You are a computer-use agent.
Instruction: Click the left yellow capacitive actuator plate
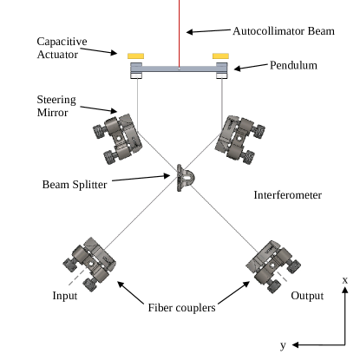click(135, 56)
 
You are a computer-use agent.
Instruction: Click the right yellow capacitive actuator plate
click(220, 56)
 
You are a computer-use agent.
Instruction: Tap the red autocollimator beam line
click(180, 34)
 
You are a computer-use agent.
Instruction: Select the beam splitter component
click(185, 178)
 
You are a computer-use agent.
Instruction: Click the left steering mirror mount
click(118, 139)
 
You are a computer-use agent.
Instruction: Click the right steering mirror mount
click(240, 140)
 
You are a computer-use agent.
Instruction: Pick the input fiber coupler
click(89, 264)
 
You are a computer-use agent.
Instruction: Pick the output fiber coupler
click(273, 266)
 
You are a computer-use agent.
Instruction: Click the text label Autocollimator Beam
click(284, 31)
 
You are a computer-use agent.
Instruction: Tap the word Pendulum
click(293, 65)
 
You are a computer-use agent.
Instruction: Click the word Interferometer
click(288, 195)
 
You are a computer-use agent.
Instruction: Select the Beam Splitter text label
click(75, 185)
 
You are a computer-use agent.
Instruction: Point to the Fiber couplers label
click(182, 308)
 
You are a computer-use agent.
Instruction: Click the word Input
click(65, 296)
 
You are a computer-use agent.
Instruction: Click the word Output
click(307, 296)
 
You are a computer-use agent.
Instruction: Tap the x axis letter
click(345, 280)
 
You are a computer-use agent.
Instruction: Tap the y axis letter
click(283, 345)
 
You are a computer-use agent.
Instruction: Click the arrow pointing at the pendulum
click(251, 67)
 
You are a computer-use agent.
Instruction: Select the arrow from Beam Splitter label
click(141, 178)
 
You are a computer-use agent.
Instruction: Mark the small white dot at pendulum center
click(180, 69)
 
